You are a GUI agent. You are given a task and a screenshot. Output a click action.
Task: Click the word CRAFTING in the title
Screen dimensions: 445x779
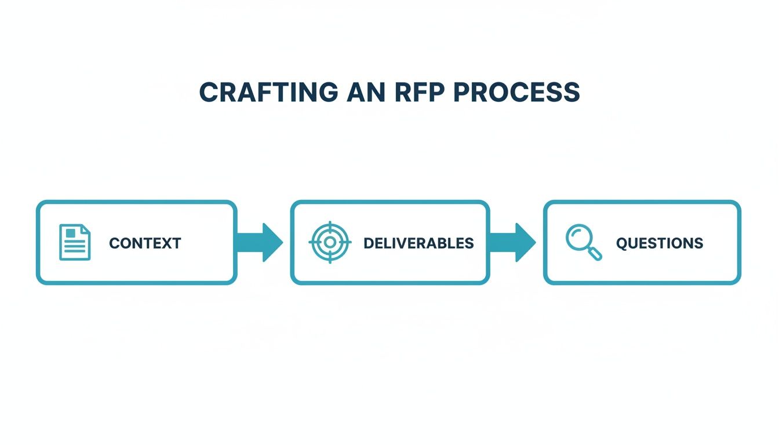point(268,93)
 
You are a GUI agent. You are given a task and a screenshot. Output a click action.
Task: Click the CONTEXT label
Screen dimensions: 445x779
point(145,243)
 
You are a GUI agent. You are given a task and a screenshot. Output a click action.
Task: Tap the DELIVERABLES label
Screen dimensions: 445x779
point(418,243)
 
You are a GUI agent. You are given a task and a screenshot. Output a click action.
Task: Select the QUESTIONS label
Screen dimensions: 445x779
point(660,243)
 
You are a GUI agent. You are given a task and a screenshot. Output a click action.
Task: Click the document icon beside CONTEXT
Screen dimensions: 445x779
point(75,242)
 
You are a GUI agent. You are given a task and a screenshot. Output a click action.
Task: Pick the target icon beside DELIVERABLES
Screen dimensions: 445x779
point(330,242)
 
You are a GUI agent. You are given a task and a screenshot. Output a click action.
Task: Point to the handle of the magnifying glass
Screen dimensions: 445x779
point(595,253)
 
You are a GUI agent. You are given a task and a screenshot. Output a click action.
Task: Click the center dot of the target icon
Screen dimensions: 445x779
point(330,242)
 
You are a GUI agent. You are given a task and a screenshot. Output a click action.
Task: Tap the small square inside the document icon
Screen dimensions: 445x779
point(71,233)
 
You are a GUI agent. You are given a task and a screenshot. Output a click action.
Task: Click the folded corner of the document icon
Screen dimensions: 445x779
point(86,229)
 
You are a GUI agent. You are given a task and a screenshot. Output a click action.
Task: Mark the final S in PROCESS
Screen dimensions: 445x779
point(572,93)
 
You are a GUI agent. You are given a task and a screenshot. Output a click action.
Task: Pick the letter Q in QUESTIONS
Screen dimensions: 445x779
point(621,243)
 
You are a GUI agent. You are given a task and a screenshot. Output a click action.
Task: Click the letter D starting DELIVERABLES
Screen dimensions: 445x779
point(368,243)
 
